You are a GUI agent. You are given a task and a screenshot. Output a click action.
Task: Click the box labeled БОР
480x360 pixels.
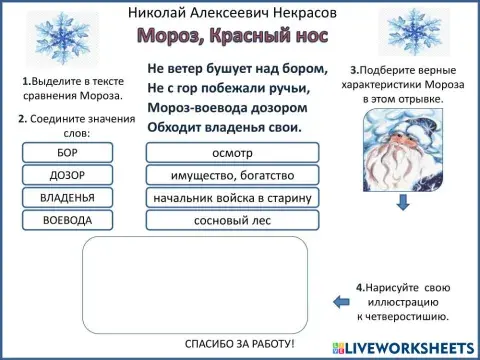[x=68, y=153]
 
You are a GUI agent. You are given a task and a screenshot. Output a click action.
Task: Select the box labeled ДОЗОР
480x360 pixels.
[x=68, y=175]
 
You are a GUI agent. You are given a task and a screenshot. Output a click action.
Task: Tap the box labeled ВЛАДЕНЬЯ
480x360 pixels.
[x=68, y=197]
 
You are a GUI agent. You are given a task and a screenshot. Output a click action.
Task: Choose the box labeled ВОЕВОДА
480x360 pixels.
[x=68, y=219]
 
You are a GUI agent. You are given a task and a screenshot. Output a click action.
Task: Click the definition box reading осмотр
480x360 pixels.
[x=232, y=153]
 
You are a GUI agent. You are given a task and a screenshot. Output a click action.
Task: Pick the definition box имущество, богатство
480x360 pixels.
[x=232, y=175]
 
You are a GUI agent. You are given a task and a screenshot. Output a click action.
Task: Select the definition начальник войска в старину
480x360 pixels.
[x=232, y=197]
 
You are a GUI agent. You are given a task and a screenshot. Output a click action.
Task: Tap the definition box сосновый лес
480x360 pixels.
[x=232, y=219]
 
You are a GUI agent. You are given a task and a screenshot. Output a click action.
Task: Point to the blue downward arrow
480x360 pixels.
[x=402, y=202]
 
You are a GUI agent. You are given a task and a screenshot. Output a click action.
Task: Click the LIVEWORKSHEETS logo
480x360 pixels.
[x=406, y=345]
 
